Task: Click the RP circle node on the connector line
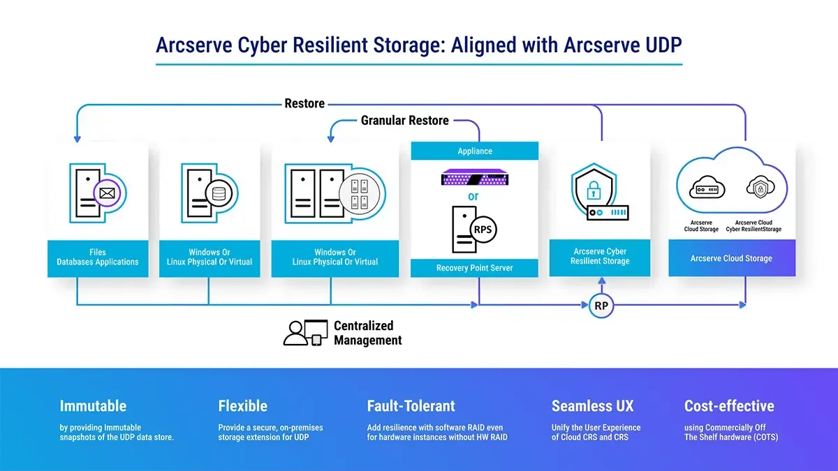tap(601, 306)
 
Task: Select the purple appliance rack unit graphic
tap(474, 179)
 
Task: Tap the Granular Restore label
tap(404, 121)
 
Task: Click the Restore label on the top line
tap(304, 104)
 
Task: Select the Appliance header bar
tap(474, 151)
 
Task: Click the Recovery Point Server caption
tap(474, 268)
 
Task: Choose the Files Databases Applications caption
tap(98, 257)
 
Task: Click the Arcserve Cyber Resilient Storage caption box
tap(600, 256)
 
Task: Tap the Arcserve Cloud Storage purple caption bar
tap(731, 258)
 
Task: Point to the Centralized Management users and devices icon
tap(305, 332)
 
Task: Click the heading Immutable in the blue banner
tap(93, 406)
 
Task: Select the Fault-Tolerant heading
tap(411, 406)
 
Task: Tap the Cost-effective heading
tap(728, 406)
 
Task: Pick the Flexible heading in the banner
tap(242, 406)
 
